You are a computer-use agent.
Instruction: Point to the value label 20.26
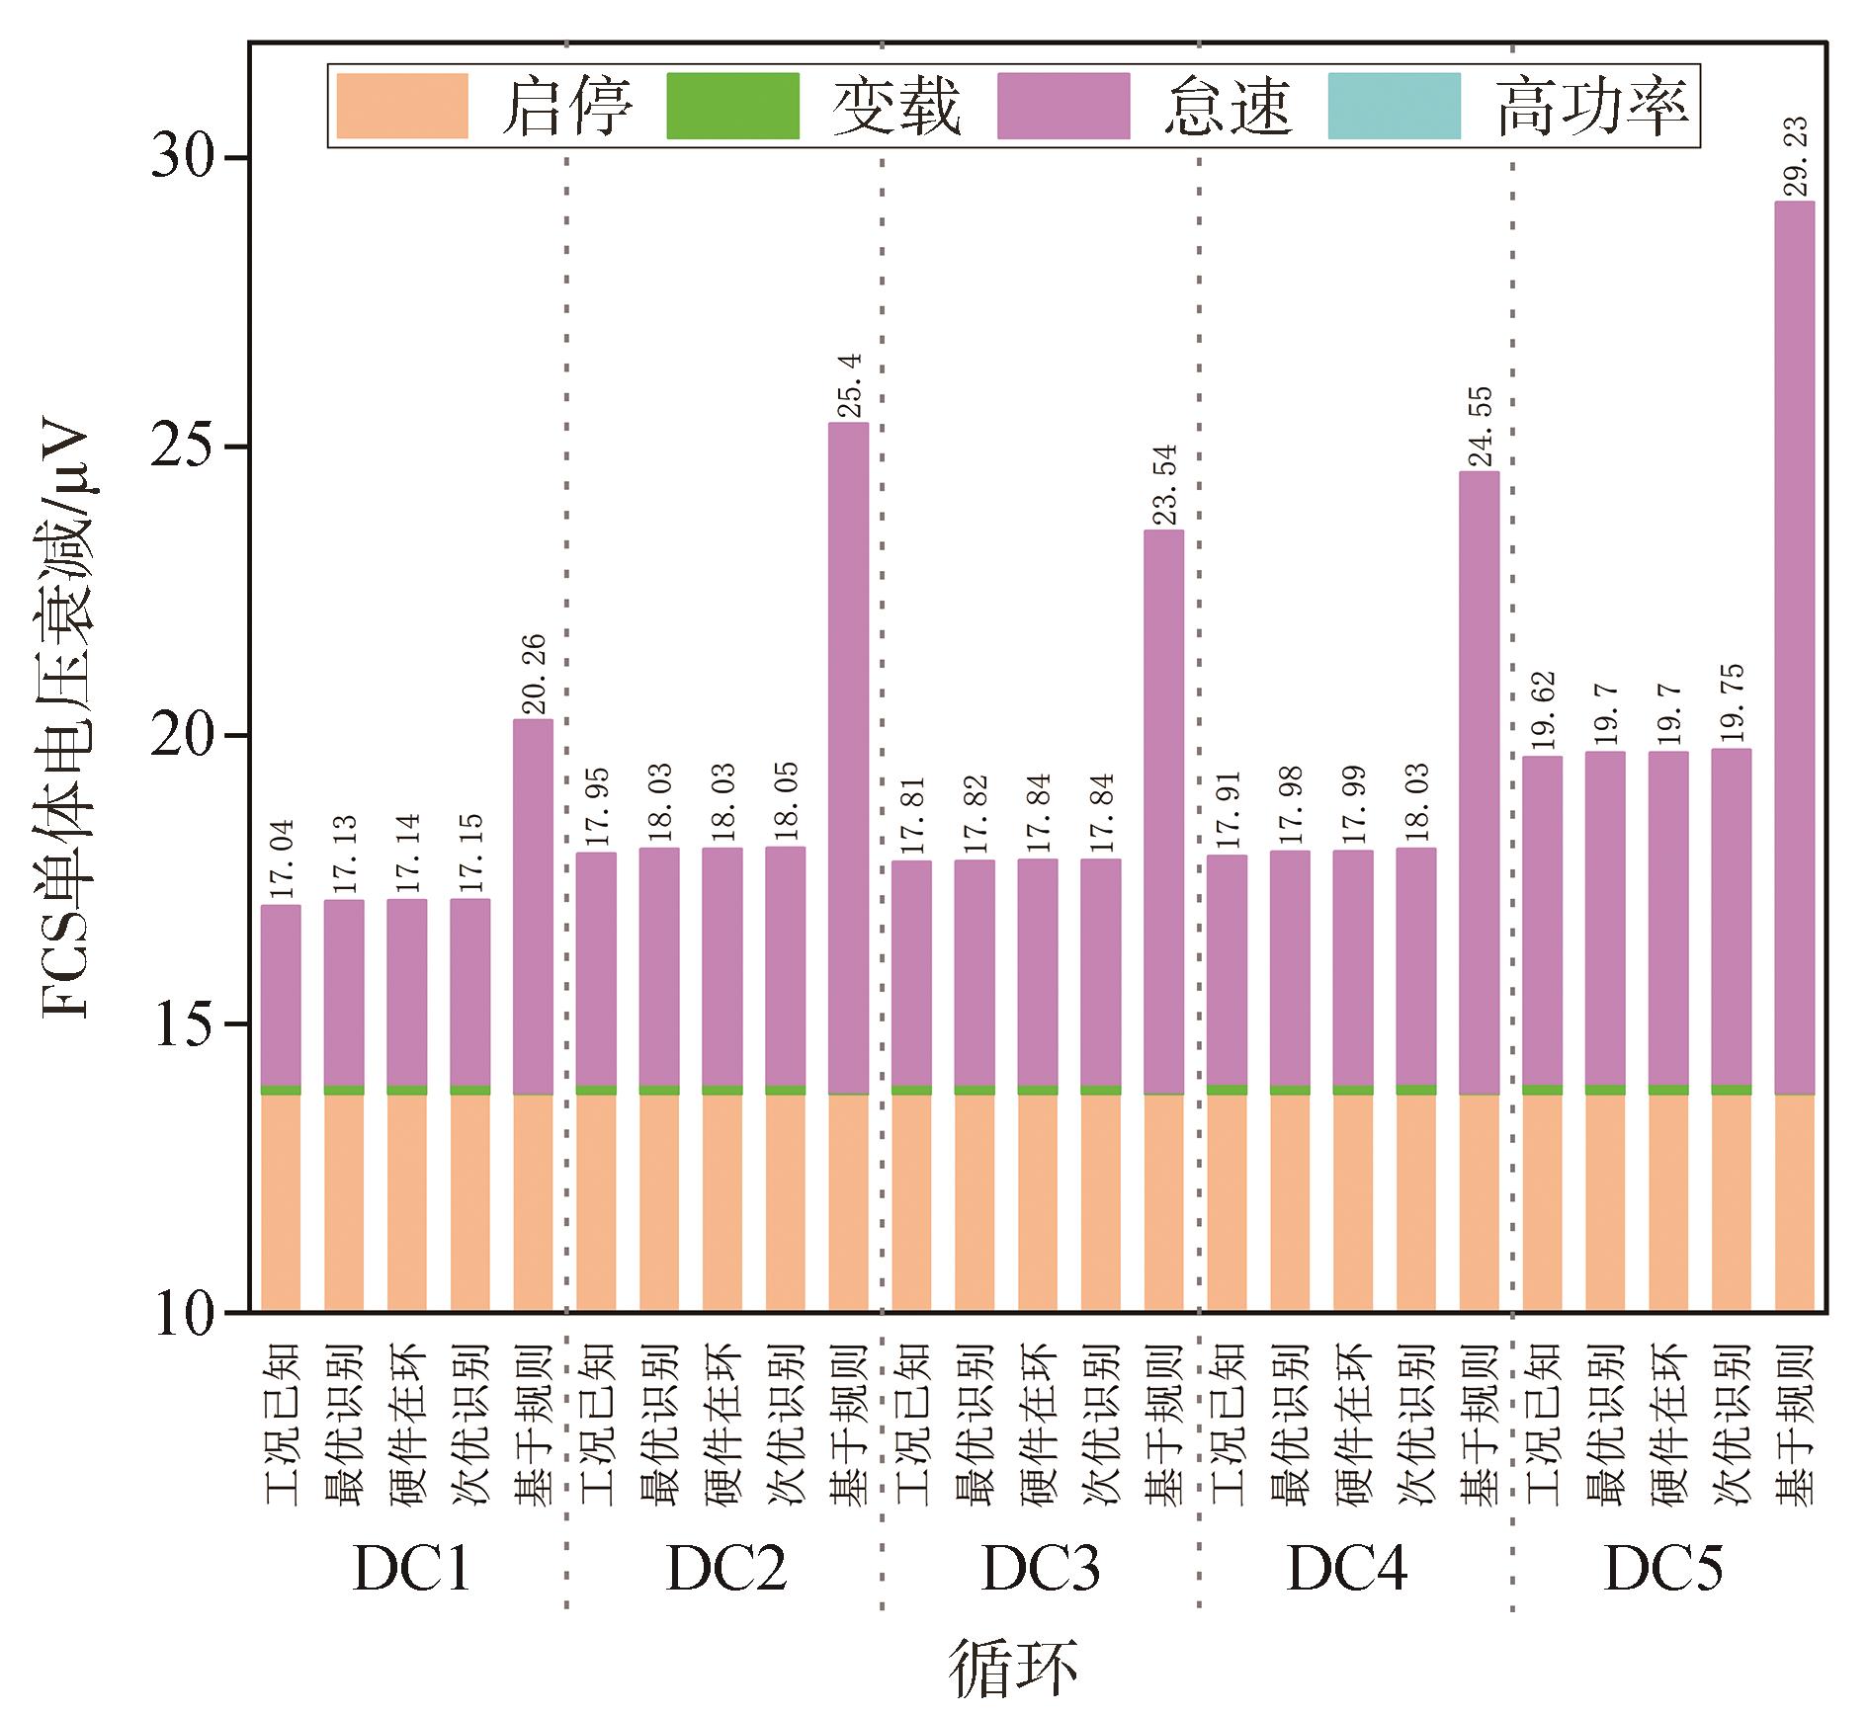[x=534, y=675]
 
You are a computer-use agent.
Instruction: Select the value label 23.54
[x=1165, y=485]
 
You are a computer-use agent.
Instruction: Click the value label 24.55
[x=1480, y=427]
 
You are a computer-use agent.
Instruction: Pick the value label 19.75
[x=1733, y=704]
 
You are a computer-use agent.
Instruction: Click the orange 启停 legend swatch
[x=402, y=106]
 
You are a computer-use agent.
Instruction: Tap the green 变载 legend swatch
[x=732, y=106]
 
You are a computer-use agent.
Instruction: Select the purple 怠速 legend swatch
[x=1063, y=106]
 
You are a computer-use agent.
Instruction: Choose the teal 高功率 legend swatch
[x=1394, y=106]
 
